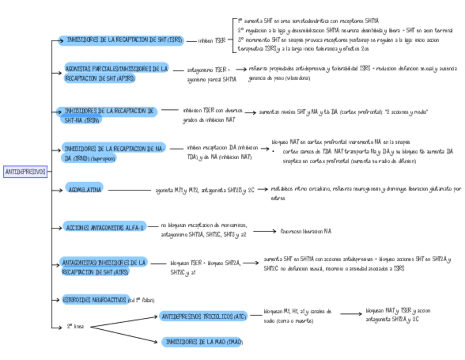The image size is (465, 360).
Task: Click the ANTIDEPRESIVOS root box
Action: pos(25,172)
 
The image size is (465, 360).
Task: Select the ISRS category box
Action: pos(121,40)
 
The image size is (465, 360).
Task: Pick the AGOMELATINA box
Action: pos(84,190)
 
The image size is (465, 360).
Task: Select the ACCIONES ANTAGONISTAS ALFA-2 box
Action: pos(105,227)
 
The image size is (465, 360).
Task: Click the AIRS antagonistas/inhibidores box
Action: pos(104,267)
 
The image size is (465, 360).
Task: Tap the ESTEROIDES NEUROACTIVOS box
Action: pos(94,300)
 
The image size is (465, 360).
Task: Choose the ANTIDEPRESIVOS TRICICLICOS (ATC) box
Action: pos(203,316)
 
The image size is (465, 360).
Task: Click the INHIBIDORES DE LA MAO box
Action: pos(203,342)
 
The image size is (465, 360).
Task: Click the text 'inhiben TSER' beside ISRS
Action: pos(212,41)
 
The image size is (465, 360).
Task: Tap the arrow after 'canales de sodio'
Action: pos(350,313)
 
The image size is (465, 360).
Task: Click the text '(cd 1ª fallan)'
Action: pos(140,300)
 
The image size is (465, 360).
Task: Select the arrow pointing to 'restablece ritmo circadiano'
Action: pos(262,190)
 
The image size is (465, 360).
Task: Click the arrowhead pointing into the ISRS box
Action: pos(60,41)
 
